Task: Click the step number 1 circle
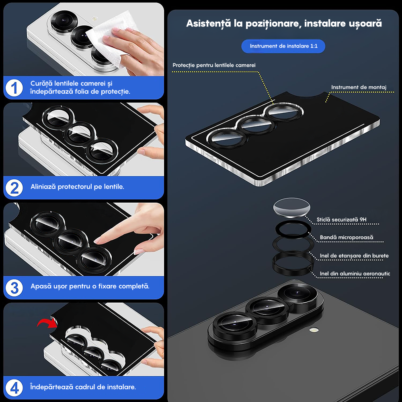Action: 14,87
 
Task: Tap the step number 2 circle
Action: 14,187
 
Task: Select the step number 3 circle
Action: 14,287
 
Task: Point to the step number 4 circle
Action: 14,388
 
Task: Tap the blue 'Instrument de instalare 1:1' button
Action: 283,46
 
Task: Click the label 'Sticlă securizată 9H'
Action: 341,219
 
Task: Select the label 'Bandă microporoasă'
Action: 346,237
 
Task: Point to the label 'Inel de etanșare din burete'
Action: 354,256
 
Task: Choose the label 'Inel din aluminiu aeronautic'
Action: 355,273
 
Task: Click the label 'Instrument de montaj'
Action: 359,87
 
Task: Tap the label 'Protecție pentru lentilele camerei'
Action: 214,65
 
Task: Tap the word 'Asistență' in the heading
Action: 209,23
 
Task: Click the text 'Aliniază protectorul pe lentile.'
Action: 77,187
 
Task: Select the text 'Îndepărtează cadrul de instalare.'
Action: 83,387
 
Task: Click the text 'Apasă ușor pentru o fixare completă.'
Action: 90,287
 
